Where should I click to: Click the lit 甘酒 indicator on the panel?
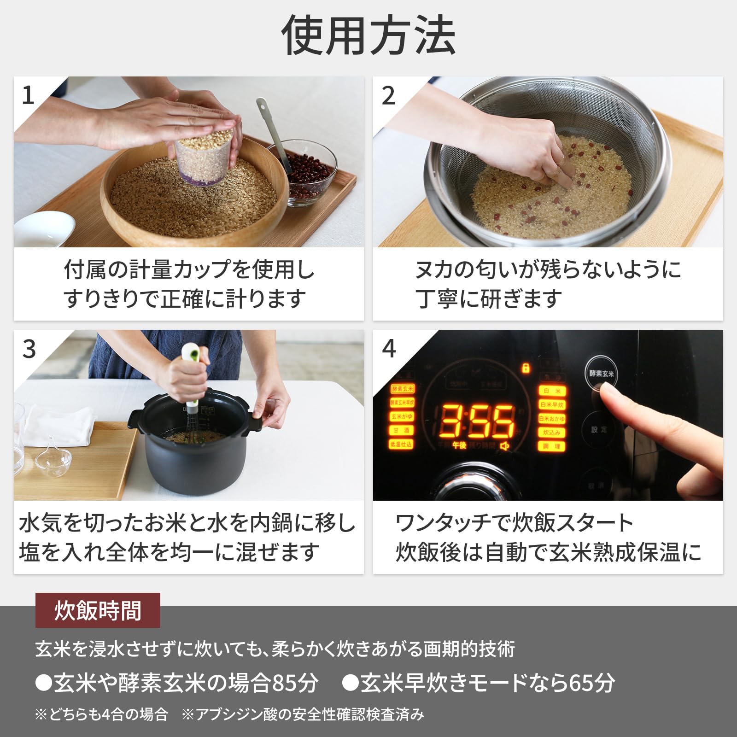[x=401, y=430]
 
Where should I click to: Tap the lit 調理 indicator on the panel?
[x=551, y=446]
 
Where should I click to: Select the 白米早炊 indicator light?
[x=551, y=404]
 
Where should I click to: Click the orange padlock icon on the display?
[x=526, y=368]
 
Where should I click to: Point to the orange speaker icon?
[x=505, y=445]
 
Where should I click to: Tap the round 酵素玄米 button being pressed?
[x=601, y=374]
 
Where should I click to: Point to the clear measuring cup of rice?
[x=204, y=157]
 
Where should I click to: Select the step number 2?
[x=388, y=96]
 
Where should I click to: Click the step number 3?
[x=29, y=349]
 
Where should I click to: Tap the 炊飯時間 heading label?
[x=98, y=610]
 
